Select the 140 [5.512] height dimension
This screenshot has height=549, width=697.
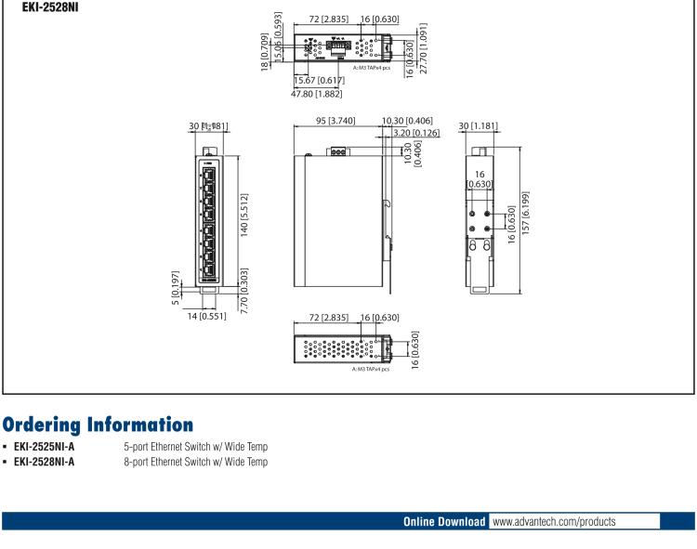243,215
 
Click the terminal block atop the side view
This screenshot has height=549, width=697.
340,150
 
